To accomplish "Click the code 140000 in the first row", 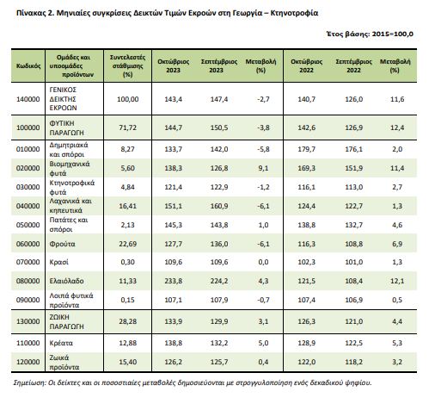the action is pos(28,99).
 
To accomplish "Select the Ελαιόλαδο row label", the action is pos(66,281).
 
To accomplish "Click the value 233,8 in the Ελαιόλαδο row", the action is pos(173,281).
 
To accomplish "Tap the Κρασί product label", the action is pos(59,262).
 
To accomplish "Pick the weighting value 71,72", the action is pos(128,127).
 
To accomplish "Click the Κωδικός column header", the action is pos(28,66).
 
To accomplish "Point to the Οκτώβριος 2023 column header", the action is pos(174,66).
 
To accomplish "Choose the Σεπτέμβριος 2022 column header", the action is pos(353,66).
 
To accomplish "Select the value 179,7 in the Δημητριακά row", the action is pos(306,149).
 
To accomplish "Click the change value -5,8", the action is pos(263,149).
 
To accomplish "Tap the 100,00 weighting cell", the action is pos(128,99).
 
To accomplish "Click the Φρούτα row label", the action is pos(62,244).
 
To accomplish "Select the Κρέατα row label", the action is pos(61,343).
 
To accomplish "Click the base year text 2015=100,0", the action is pos(393,34).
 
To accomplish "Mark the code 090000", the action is pos(28,300).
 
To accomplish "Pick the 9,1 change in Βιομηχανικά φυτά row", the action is pos(263,168).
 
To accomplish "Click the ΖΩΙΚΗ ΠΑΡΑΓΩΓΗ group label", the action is pos(66,321).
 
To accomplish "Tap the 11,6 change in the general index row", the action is pos(397,99).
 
